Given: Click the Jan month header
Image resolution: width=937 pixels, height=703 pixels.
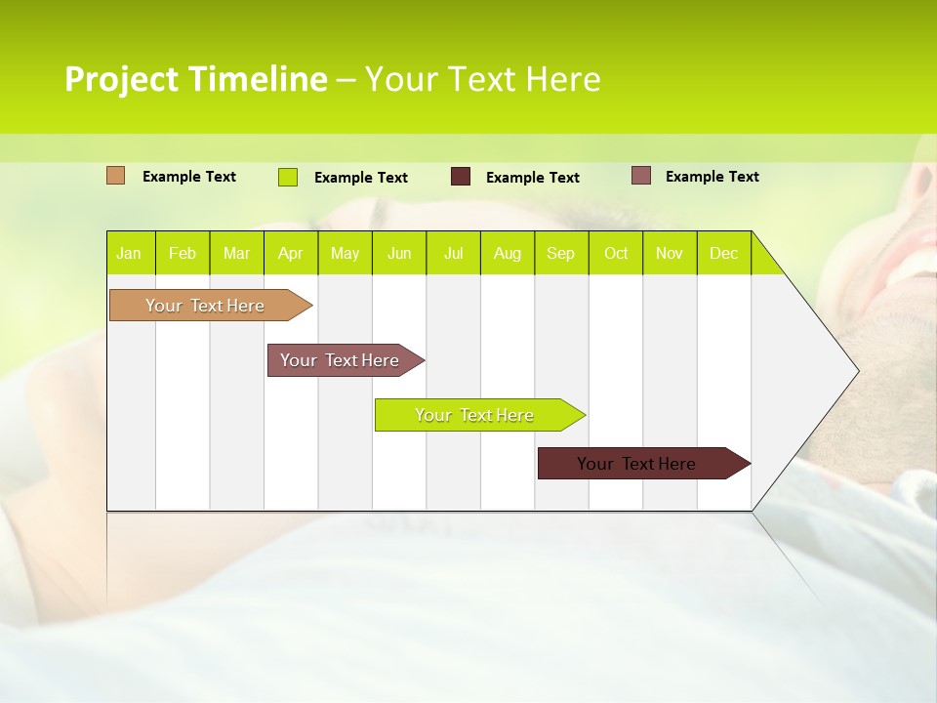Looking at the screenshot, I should tap(129, 253).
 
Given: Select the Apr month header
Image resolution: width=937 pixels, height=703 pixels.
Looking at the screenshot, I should tap(290, 253).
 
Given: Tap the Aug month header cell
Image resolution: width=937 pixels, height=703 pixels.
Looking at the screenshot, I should tap(507, 253).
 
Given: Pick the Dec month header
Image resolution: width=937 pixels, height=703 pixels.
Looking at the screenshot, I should tap(723, 253).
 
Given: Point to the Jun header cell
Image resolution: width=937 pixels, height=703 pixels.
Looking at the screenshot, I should tap(399, 253).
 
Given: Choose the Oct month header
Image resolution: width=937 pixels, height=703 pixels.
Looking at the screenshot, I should tap(615, 253).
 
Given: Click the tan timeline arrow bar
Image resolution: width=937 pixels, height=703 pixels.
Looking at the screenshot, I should tap(205, 306).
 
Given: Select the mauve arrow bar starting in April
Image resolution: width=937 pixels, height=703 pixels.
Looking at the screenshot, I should tap(340, 360).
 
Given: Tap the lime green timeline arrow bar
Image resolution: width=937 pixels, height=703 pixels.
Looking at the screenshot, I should tap(474, 415).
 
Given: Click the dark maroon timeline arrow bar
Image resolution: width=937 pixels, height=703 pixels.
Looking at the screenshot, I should tap(636, 464).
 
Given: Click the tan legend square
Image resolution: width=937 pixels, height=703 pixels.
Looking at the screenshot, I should tap(115, 176).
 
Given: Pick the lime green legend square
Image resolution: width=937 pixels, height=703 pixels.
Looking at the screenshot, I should tap(287, 177).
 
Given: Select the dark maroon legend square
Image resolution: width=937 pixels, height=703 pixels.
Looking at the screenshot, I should tap(460, 177).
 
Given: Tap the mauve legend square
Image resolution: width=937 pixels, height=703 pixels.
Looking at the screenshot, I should tap(640, 176).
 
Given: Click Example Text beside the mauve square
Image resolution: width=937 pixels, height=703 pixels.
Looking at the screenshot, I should tap(712, 177).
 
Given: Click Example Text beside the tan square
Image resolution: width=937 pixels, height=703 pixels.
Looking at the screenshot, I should tap(188, 177).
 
